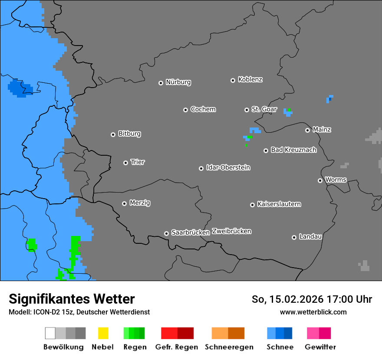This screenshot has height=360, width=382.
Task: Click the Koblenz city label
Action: (x=250, y=79)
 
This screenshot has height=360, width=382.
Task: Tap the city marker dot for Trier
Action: (x=125, y=163)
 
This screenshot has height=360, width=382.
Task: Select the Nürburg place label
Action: (x=178, y=82)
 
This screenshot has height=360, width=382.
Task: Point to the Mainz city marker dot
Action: (x=307, y=130)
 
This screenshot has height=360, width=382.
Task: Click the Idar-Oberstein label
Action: (x=228, y=167)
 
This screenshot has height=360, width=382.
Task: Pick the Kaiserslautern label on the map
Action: (x=279, y=204)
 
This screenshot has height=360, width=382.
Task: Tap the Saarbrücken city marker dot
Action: (x=166, y=233)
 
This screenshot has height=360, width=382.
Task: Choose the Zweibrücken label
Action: (x=231, y=231)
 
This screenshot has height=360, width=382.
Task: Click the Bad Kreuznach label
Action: (x=293, y=150)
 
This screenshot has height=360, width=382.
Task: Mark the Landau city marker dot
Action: (x=294, y=237)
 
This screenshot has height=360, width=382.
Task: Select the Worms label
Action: (x=335, y=180)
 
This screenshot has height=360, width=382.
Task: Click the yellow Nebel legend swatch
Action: (x=103, y=333)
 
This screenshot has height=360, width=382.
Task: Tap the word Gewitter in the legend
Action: (x=320, y=347)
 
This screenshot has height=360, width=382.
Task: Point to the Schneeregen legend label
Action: (x=229, y=347)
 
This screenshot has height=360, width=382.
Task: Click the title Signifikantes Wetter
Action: (x=72, y=299)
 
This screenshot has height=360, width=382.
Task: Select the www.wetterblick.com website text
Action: (x=313, y=312)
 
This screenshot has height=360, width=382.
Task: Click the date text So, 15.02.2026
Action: (x=287, y=299)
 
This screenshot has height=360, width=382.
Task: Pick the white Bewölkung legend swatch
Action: (x=50, y=333)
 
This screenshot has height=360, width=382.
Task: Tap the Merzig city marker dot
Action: (x=124, y=203)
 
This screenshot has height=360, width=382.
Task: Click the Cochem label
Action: (x=203, y=109)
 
